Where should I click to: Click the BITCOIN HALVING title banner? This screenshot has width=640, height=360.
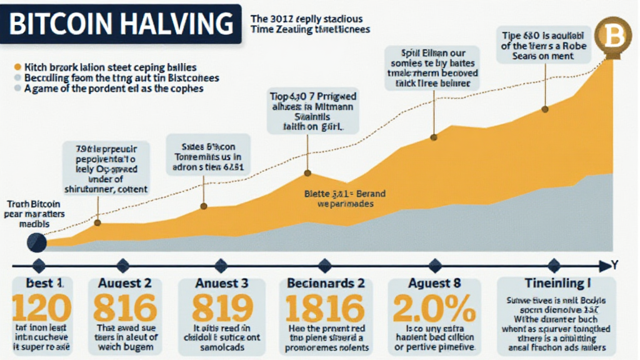[121, 24]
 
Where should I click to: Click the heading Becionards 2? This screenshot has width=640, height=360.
[325, 282]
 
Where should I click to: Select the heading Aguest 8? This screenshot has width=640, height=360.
[434, 282]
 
